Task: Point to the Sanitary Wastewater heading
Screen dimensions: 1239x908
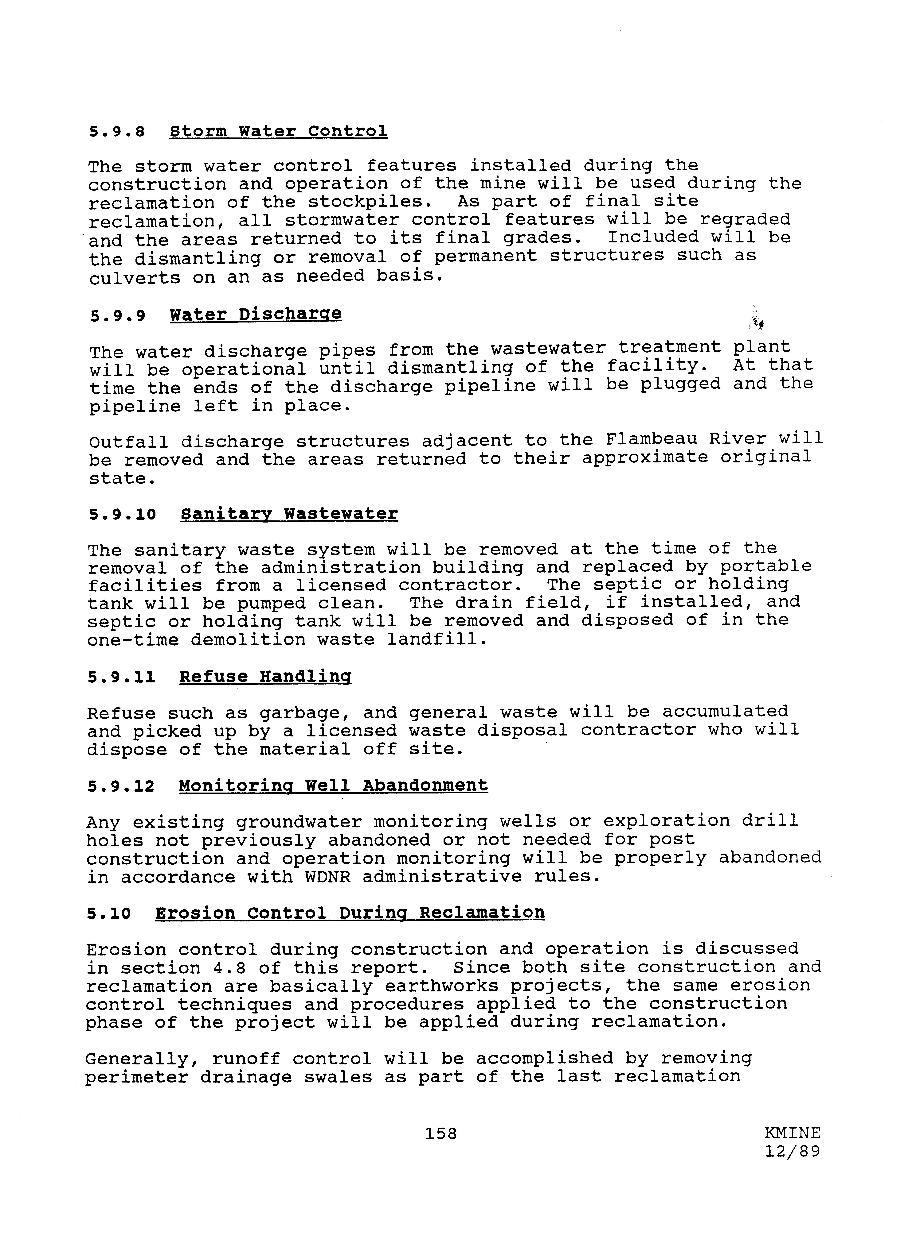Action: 289,514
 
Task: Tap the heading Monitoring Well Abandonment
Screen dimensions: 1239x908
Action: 333,785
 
